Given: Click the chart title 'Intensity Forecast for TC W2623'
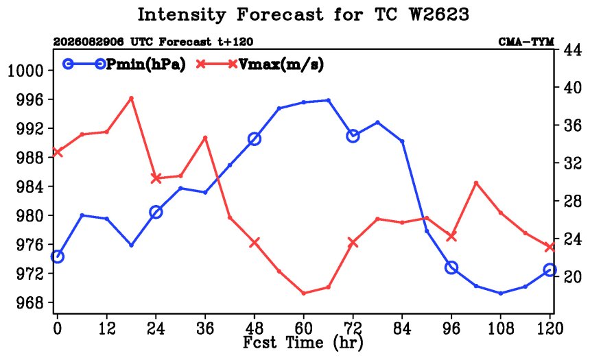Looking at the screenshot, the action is pos(303,15).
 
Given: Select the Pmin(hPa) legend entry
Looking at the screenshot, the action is pos(124,64).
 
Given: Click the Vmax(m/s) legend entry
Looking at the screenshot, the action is pos(260,64).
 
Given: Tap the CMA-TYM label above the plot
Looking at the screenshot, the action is pos(526,42).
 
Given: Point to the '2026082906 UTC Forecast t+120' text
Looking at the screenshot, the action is pos(153,42).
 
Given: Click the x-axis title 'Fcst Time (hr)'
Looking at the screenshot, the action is pos(303,342).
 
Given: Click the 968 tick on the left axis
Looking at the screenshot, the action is pos(29,302).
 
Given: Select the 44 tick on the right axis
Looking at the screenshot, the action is pos(572,50).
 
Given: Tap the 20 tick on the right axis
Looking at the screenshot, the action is pos(572,276).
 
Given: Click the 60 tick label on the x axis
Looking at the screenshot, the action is pos(304,328).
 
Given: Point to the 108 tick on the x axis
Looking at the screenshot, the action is pos(500,328).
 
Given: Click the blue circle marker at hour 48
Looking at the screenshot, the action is pos(255,139).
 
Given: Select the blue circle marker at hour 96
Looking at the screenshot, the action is pos(451,268).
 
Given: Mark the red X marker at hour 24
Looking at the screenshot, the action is pos(156,178).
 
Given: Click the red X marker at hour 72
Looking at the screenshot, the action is pos(353,243).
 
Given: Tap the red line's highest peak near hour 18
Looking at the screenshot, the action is pos(131,98).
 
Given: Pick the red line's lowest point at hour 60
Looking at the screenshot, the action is pos(304,293).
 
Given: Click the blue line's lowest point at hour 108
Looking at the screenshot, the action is pos(500,293).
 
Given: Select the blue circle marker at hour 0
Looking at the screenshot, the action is pos(58,256).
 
